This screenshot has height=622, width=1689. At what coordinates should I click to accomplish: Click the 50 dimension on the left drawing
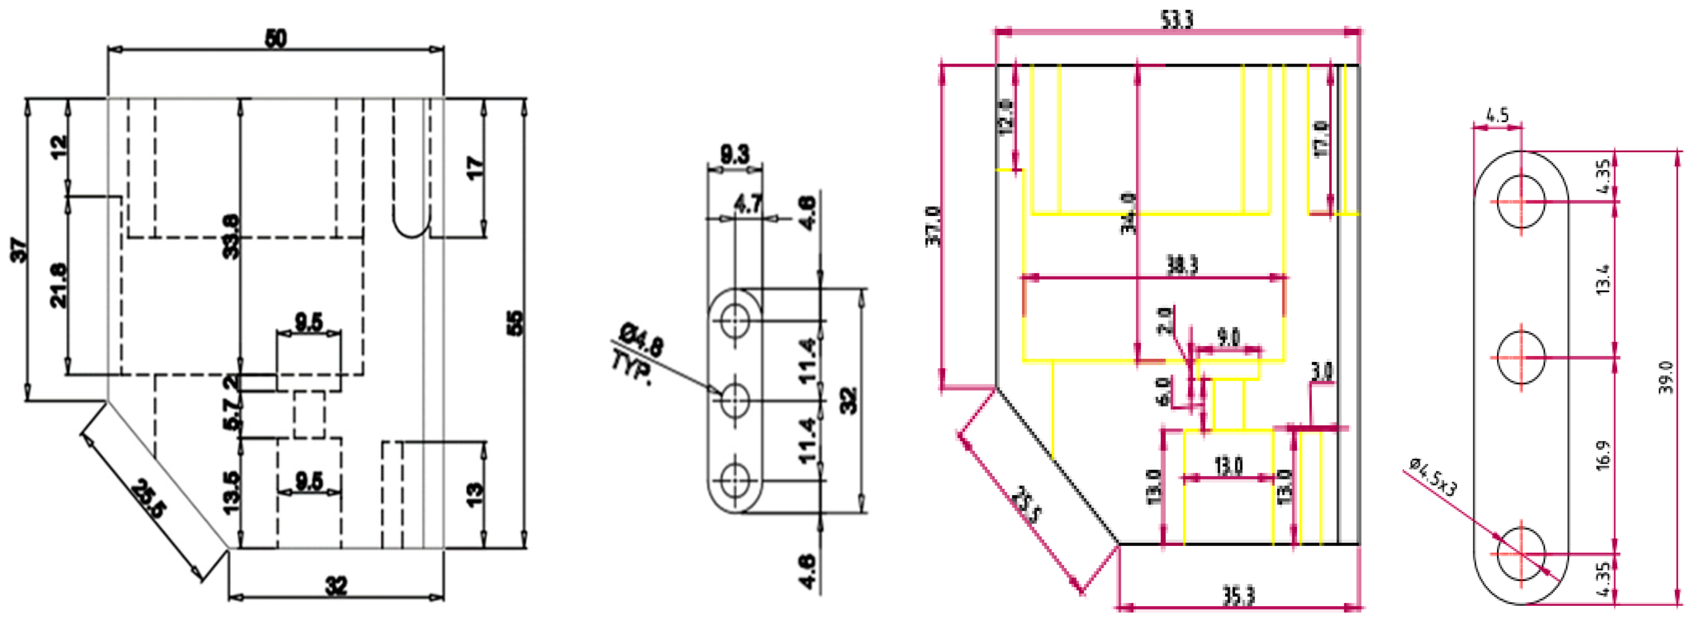point(276,39)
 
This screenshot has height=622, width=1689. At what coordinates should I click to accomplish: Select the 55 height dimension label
point(515,323)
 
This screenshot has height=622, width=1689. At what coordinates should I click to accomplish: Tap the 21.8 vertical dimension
point(58,285)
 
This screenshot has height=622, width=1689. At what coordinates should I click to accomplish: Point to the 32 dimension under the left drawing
point(336,585)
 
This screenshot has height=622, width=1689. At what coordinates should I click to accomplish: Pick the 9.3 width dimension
point(735,155)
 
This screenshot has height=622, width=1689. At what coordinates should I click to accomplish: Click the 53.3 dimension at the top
point(1177,19)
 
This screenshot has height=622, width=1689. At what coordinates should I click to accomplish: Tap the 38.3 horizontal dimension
point(1182,265)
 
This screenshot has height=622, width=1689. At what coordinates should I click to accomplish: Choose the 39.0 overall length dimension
point(1666,378)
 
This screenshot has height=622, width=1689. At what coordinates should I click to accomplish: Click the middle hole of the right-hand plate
point(1521,357)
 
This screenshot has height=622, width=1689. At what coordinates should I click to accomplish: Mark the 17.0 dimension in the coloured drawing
point(1321,138)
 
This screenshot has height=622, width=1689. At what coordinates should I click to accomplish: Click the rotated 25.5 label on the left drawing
point(149,499)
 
